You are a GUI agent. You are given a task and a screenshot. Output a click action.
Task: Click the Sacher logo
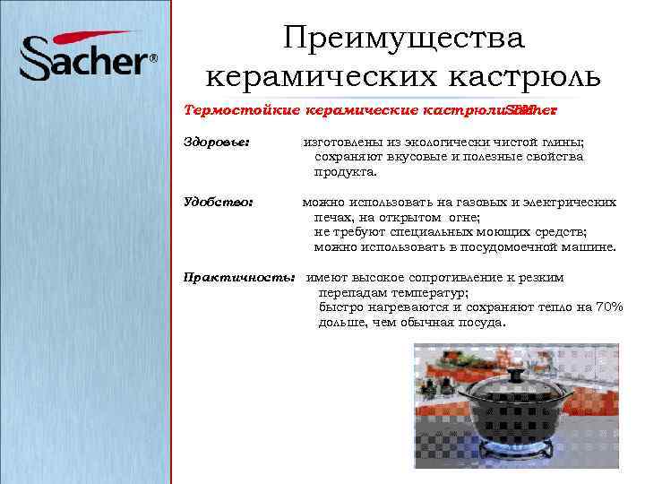pyautogui.click(x=86, y=57)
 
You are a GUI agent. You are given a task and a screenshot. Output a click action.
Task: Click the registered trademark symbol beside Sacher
pyautogui.click(x=153, y=59)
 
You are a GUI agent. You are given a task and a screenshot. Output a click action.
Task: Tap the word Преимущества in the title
pyautogui.click(x=403, y=39)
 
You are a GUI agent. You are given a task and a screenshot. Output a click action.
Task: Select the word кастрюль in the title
pyautogui.click(x=529, y=76)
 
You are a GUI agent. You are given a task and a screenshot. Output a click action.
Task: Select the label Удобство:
pyautogui.click(x=219, y=203)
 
